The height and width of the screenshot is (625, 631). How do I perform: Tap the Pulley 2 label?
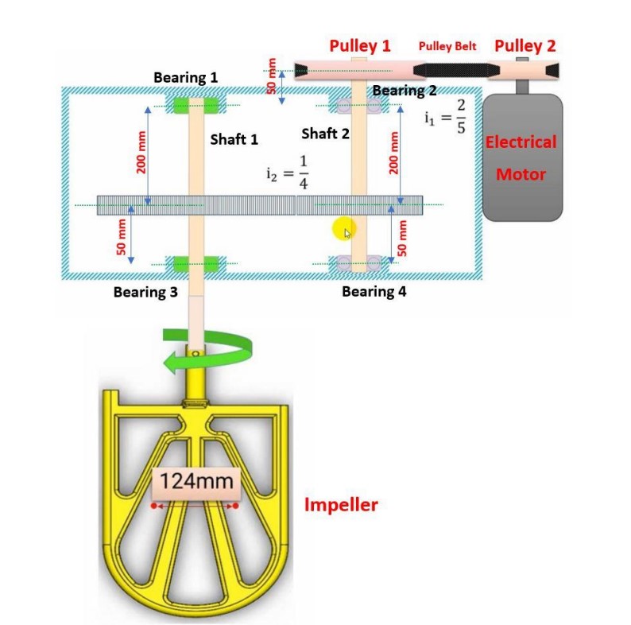click(x=525, y=45)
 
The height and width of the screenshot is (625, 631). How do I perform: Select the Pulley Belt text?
click(x=447, y=46)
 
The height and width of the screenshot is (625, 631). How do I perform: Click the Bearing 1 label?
click(x=185, y=78)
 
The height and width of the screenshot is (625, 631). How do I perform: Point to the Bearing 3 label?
click(x=145, y=292)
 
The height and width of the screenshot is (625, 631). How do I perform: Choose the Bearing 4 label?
click(x=374, y=292)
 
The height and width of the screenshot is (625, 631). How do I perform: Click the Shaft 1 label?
click(x=234, y=140)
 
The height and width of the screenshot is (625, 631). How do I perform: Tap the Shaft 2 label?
click(x=325, y=134)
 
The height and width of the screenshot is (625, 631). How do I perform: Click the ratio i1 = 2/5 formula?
click(x=445, y=117)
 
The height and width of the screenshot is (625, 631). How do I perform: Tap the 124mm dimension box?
click(x=196, y=481)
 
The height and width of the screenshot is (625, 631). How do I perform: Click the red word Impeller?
click(x=342, y=504)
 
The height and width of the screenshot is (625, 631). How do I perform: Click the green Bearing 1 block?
click(x=197, y=106)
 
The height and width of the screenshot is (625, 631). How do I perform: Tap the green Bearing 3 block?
click(x=196, y=263)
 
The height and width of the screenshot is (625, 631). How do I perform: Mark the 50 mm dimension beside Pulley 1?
click(x=272, y=77)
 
